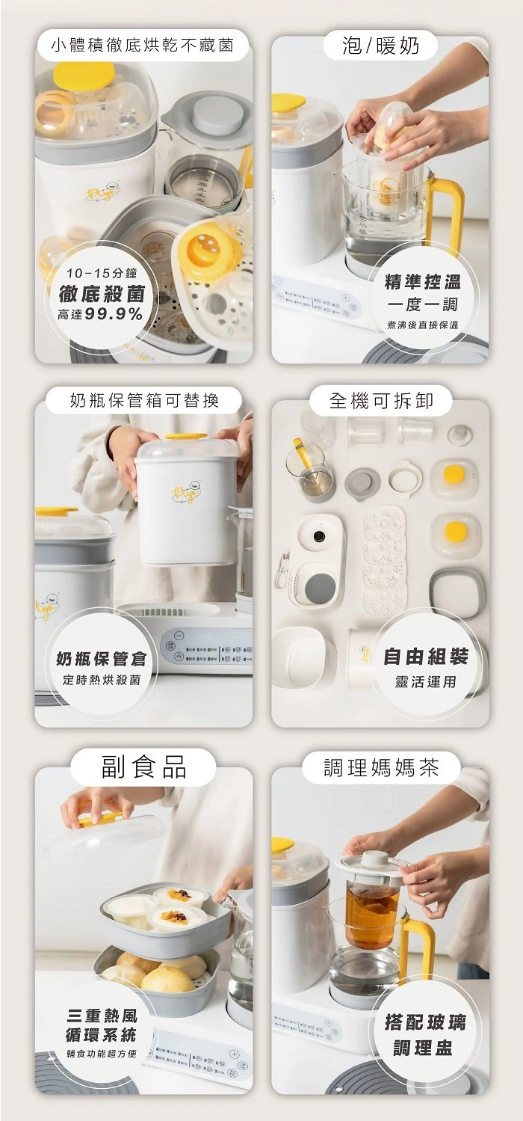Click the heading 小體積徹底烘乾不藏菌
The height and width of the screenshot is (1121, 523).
[x=142, y=46]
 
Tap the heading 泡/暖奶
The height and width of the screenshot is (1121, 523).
[x=380, y=46]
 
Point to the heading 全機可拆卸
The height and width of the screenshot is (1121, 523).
[x=381, y=401]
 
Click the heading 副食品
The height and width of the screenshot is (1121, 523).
[x=143, y=767]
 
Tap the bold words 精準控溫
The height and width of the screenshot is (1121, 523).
[x=422, y=282]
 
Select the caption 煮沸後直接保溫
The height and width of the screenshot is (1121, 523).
[x=423, y=325]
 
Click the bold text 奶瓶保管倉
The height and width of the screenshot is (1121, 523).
[x=102, y=659]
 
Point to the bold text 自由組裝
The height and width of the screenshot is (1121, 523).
[x=425, y=657]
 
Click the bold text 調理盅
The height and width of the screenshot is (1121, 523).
[x=423, y=1048]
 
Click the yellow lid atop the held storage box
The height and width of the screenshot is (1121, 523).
[x=186, y=436]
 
